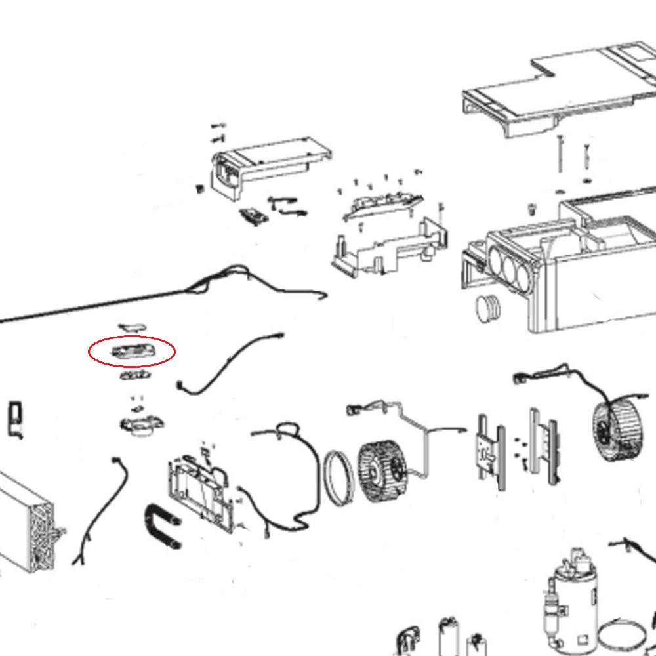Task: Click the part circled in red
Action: click(132, 352)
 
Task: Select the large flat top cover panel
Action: click(558, 85)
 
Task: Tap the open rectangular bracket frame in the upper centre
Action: click(387, 246)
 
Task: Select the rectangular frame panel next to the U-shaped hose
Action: click(200, 489)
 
